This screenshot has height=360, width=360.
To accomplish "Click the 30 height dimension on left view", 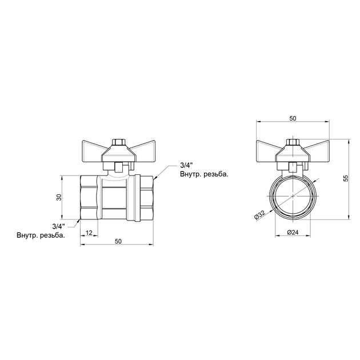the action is pyautogui.click(x=59, y=198).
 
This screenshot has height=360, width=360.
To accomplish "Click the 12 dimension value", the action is pyautogui.click(x=89, y=233).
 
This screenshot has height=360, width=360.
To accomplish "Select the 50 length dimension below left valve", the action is pyautogui.click(x=118, y=241).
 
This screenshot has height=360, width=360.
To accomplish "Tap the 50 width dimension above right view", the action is pyautogui.click(x=293, y=118).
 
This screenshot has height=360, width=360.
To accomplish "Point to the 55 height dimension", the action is pyautogui.click(x=346, y=178).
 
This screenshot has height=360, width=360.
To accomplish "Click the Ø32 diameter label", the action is pyautogui.click(x=259, y=215).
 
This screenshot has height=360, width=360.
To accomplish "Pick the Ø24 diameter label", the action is pyautogui.click(x=293, y=232).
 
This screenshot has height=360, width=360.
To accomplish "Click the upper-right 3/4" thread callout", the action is pyautogui.click(x=186, y=165).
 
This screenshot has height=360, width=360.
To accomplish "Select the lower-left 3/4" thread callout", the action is pyautogui.click(x=58, y=227).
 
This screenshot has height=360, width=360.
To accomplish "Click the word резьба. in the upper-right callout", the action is pyautogui.click(x=216, y=174).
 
